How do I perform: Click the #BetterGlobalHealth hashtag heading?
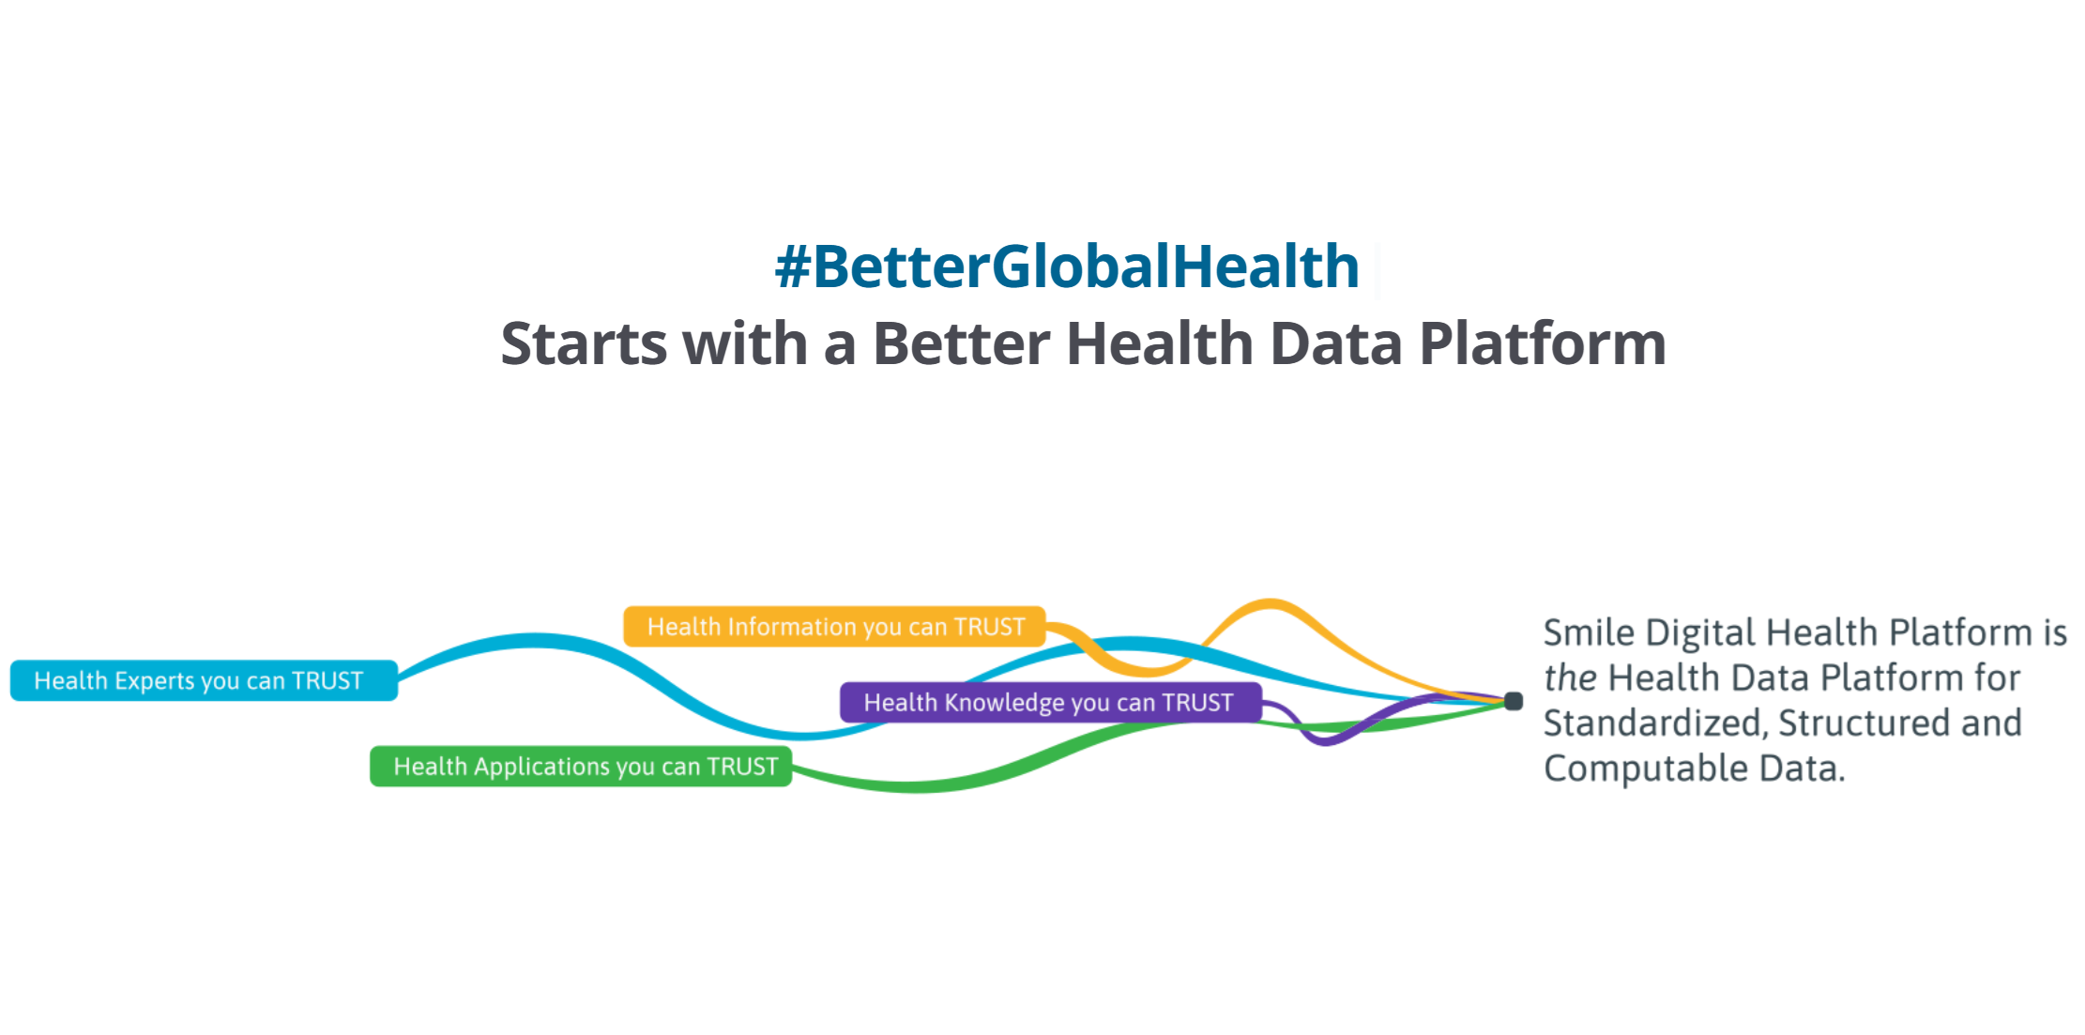[x=1067, y=266]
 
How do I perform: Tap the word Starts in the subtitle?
[x=583, y=343]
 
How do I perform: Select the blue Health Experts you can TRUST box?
[x=204, y=680]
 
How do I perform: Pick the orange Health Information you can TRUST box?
[x=834, y=626]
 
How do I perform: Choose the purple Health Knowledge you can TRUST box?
[x=1051, y=702]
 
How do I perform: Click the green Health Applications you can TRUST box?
[x=581, y=766]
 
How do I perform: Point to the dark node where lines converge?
[x=1514, y=701]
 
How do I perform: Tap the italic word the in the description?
[x=1570, y=677]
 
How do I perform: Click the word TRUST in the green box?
[x=742, y=767]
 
